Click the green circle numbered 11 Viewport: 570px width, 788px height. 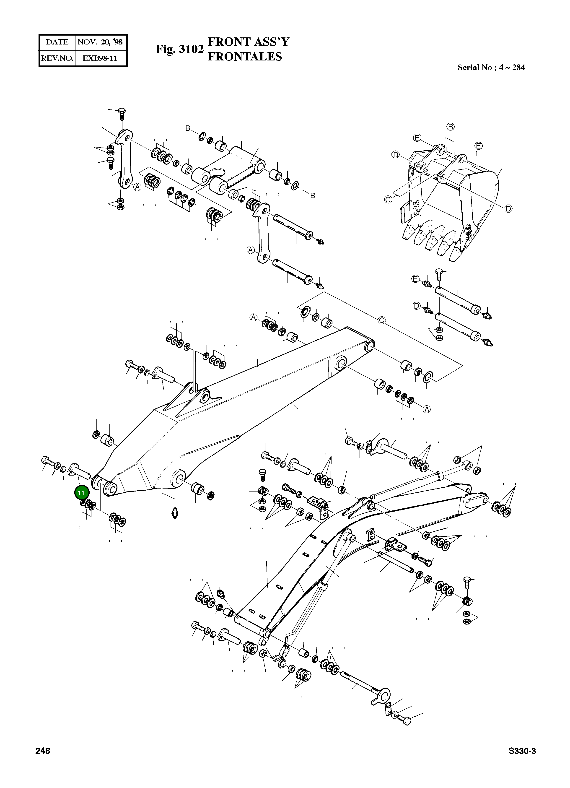click(x=81, y=493)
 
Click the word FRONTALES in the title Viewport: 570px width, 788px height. click(x=245, y=56)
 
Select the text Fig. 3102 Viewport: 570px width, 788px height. click(x=179, y=49)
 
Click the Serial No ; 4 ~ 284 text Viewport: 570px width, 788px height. click(x=491, y=68)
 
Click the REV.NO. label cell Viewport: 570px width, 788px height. click(x=57, y=58)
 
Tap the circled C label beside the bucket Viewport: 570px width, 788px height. click(x=388, y=199)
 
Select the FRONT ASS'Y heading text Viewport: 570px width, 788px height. click(x=248, y=42)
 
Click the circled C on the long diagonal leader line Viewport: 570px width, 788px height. click(x=381, y=320)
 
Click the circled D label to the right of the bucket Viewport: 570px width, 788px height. click(x=508, y=209)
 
